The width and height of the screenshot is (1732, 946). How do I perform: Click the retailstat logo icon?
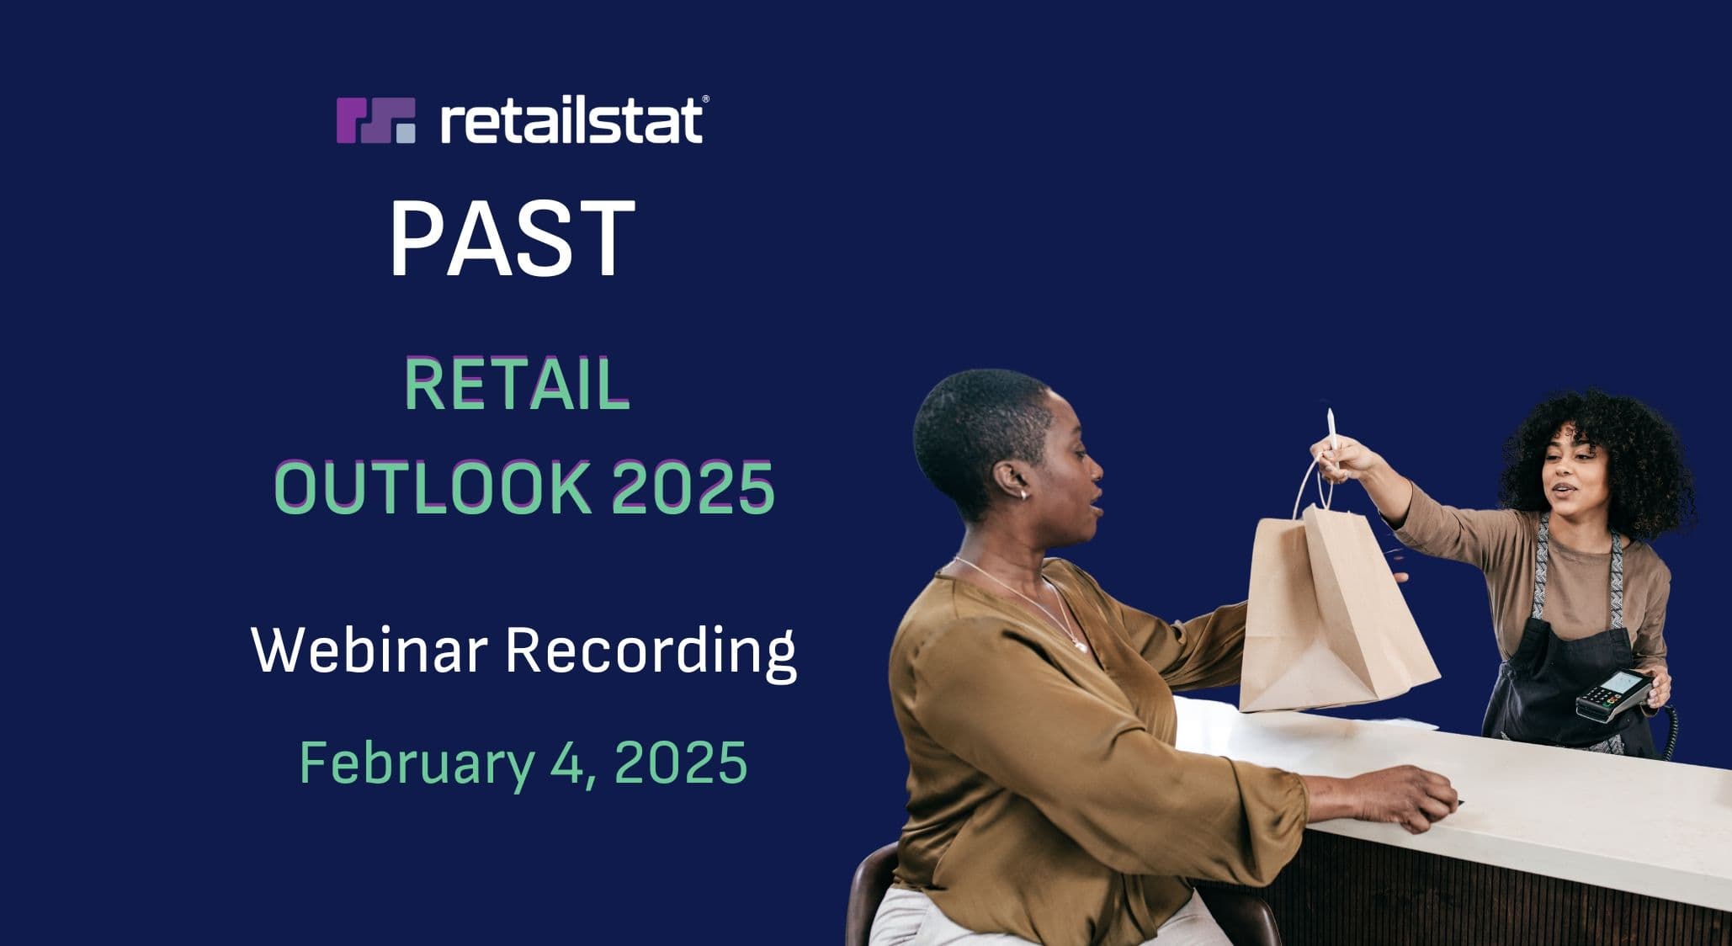pos(375,120)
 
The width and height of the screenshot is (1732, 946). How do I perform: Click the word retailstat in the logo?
pos(571,120)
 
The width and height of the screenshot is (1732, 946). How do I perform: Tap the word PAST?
pos(512,239)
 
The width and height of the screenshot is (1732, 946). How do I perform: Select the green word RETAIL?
pos(518,385)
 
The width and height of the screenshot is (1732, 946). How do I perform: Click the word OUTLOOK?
pos(433,487)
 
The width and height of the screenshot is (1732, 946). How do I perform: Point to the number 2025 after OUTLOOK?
pos(693,487)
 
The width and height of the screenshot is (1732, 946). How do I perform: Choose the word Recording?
pos(651,652)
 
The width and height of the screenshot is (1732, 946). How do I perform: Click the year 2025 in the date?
pos(681,762)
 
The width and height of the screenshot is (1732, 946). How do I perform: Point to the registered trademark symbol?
pos(705,98)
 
